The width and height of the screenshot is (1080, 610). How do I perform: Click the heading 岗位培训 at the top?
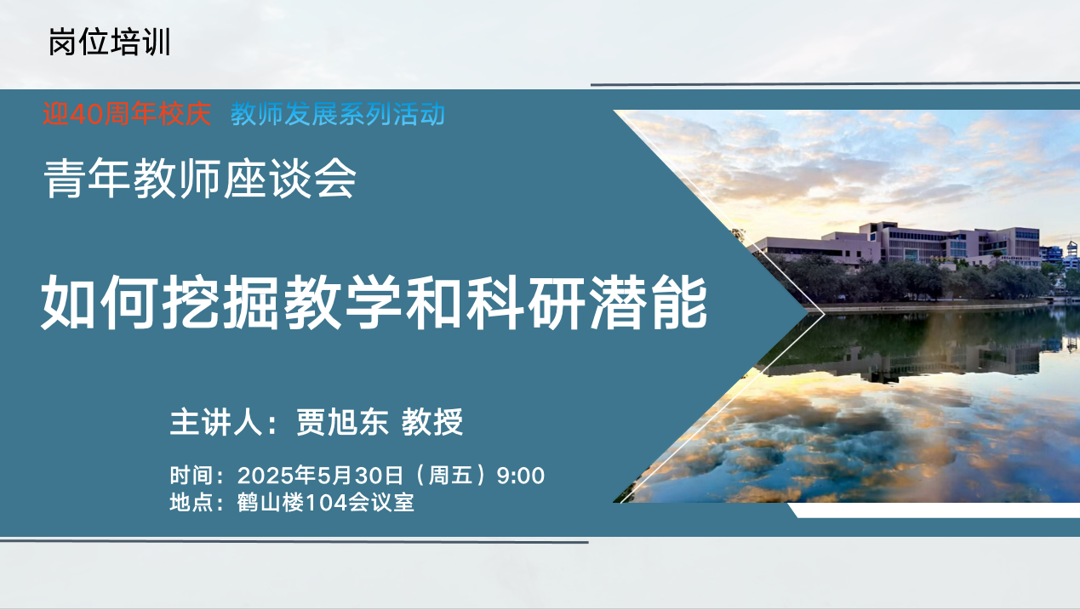pos(110,43)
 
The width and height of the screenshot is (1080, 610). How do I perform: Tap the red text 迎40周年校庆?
pos(127,115)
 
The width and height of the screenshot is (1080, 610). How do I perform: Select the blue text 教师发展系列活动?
pos(338,115)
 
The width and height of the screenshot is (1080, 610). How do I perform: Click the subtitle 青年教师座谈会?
pos(200,179)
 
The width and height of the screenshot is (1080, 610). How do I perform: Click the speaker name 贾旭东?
pos(342,422)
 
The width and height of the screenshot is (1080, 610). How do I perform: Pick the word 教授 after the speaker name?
pos(432,422)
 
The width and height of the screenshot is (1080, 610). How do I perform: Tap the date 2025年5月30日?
pos(320,476)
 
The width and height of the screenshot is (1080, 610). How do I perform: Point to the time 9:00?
pos(521,476)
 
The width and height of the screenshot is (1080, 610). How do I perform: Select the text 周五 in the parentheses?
pos(450,476)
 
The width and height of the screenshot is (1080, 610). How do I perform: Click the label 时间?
pos(191,476)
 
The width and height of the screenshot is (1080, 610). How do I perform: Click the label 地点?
pos(191,503)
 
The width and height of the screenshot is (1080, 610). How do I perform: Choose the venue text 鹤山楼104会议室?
pos(325,503)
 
